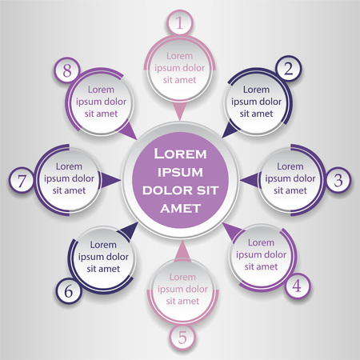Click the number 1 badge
(x=180, y=23)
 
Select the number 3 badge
(x=338, y=180)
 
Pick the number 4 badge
(x=297, y=284)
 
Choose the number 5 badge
(x=182, y=337)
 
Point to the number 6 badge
(x=69, y=291)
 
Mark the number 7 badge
(x=22, y=180)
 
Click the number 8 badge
(x=68, y=70)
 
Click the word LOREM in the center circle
(x=180, y=152)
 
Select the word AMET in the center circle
(x=180, y=208)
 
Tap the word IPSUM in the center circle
(x=180, y=170)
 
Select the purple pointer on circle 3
(x=250, y=180)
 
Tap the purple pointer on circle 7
(x=109, y=180)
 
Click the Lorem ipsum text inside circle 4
(x=259, y=255)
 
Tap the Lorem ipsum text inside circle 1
(x=180, y=68)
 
